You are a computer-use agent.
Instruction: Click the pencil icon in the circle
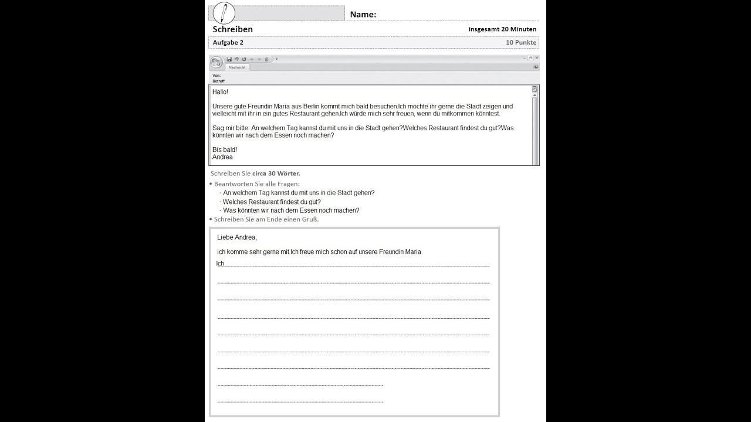224,13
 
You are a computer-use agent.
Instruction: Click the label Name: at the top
363,15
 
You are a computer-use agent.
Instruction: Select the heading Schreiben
233,29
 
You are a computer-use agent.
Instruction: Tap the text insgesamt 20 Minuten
502,29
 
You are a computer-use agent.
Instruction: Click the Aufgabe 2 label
228,42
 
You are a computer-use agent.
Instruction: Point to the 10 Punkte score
521,42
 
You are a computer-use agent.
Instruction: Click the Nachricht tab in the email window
237,67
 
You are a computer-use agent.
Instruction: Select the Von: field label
216,76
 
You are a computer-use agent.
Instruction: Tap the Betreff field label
218,81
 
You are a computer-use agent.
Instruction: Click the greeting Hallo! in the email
221,92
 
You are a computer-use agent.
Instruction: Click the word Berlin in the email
310,106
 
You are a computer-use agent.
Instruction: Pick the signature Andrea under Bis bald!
222,157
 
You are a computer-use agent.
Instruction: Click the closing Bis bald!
225,149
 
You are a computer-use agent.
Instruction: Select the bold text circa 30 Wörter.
276,173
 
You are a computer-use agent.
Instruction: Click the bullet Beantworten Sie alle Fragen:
256,184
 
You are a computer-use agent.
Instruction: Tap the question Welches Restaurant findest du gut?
272,202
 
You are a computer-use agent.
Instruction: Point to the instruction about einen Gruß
266,219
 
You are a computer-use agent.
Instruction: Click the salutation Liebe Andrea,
237,237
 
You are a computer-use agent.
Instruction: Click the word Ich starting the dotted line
220,263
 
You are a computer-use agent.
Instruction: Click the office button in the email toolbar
216,62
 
